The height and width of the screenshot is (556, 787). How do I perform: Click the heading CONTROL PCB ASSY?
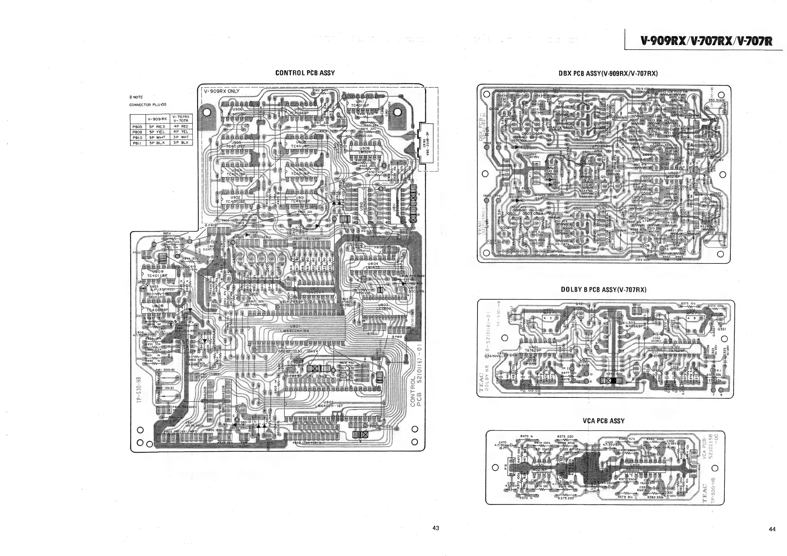305,73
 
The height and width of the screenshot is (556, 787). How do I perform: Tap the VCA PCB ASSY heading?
603,421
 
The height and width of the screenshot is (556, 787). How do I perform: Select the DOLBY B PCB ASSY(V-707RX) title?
603,290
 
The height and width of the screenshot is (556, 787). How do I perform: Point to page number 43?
436,528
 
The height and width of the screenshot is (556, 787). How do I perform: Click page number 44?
772,529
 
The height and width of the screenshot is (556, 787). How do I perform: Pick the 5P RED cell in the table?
157,126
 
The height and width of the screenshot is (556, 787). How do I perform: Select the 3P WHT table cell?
181,137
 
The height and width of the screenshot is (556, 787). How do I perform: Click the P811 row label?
137,143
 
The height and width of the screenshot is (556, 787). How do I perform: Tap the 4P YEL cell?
181,132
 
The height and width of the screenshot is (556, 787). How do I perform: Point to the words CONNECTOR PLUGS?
143,105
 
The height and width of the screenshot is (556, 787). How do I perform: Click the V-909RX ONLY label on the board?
222,91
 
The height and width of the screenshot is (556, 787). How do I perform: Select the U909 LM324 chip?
365,150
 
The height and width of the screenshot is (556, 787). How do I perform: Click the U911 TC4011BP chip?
362,104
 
